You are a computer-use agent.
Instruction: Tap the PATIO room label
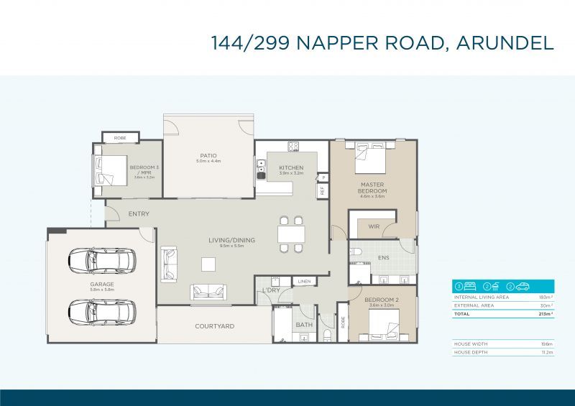[x=208, y=156]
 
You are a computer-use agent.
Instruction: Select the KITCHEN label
[x=291, y=168]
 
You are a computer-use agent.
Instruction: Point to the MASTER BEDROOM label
[x=372, y=188]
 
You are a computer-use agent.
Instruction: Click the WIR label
[x=373, y=227]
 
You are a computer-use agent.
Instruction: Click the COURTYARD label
[x=214, y=326]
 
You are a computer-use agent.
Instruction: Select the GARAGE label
[x=102, y=285]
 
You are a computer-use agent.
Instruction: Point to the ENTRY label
[x=139, y=214]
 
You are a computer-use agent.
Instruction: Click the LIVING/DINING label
[x=232, y=240]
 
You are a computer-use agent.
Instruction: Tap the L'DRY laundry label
[x=271, y=290]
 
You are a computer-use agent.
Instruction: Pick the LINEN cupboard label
[x=304, y=281]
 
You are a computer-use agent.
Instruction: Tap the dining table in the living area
[x=291, y=234]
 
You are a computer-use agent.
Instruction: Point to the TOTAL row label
[x=463, y=314]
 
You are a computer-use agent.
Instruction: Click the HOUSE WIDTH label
[x=471, y=344]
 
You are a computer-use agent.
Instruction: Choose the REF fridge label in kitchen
[x=322, y=190]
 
